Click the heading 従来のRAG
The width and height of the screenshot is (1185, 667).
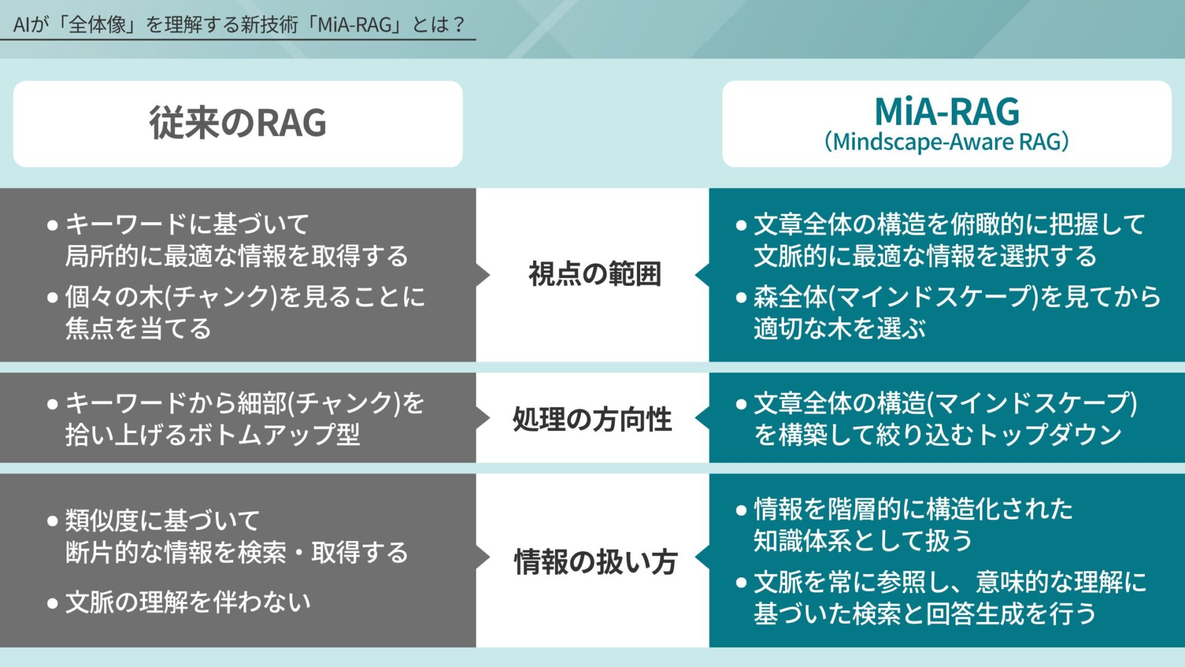[x=238, y=123]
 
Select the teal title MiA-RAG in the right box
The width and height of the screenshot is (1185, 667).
[x=947, y=112]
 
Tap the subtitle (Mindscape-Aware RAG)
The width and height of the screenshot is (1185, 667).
[x=947, y=142]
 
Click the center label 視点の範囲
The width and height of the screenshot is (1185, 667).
[x=594, y=274]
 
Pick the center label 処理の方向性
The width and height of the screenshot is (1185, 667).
[x=592, y=419]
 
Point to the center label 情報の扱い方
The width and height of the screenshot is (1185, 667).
[x=595, y=562]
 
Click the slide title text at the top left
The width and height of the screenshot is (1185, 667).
[x=238, y=25]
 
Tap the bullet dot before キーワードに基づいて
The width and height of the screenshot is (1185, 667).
[x=53, y=225]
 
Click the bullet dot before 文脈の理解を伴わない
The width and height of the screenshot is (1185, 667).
[x=53, y=603]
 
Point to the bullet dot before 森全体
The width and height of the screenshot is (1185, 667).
[x=741, y=298]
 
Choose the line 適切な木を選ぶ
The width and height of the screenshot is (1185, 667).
[x=839, y=329]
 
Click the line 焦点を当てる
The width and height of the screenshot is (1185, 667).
[x=138, y=329]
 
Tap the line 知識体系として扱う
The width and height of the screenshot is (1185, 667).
[x=862, y=541]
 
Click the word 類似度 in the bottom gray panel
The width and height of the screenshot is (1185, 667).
[x=102, y=521]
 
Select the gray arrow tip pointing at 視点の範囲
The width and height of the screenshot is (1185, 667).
[x=484, y=275]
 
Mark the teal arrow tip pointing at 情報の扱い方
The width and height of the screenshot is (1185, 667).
[x=701, y=558]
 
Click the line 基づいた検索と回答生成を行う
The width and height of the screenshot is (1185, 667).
[x=924, y=614]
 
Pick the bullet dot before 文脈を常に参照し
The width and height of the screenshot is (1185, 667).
[x=741, y=582]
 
